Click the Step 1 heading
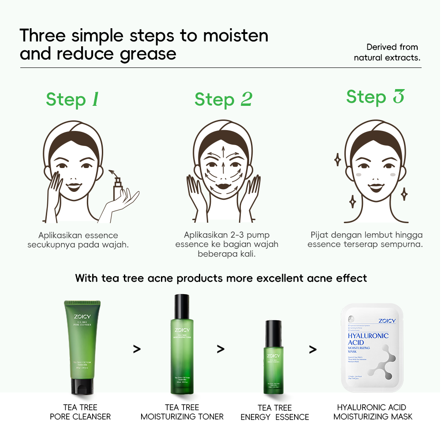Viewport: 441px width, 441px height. (x=72, y=100)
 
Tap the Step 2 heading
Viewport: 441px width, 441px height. (x=223, y=100)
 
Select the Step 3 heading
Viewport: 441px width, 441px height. (x=375, y=97)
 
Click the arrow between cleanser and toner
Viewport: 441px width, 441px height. (x=137, y=349)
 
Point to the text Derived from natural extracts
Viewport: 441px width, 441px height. (x=387, y=52)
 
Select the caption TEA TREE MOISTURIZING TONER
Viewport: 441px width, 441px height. (x=182, y=412)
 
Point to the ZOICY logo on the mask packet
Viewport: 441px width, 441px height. (x=387, y=321)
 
